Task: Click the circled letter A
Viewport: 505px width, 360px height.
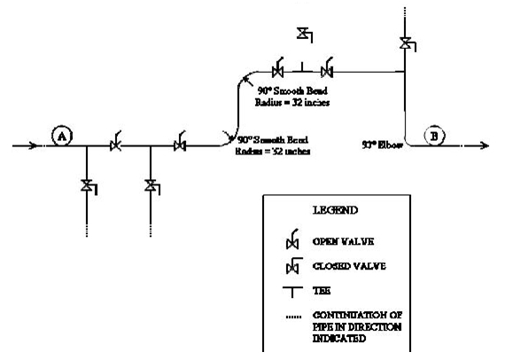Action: pos(62,136)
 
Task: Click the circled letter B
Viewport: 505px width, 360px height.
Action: pos(434,136)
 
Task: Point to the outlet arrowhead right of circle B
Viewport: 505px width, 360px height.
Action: pos(486,145)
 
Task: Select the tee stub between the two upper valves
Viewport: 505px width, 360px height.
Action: pos(303,67)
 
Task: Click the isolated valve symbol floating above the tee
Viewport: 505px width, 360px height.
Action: pos(304,35)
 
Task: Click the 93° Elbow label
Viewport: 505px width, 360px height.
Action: pos(382,143)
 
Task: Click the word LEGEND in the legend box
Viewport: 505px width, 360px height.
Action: pos(335,211)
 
